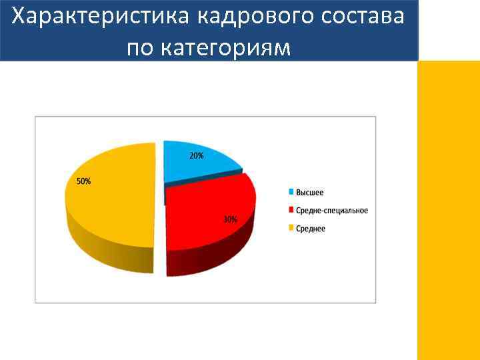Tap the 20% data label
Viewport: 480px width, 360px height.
pyautogui.click(x=197, y=156)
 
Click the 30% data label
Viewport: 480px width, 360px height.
pyautogui.click(x=230, y=219)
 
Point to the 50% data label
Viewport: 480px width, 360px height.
pyautogui.click(x=83, y=181)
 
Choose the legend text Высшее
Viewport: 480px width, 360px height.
pyautogui.click(x=310, y=193)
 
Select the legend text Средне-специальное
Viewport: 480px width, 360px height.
pyautogui.click(x=331, y=211)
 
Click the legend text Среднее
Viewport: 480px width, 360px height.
pyautogui.click(x=311, y=229)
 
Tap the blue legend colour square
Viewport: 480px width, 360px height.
pyautogui.click(x=291, y=193)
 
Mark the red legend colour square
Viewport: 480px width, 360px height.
pyautogui.click(x=291, y=211)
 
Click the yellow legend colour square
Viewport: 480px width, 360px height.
pyautogui.click(x=291, y=229)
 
